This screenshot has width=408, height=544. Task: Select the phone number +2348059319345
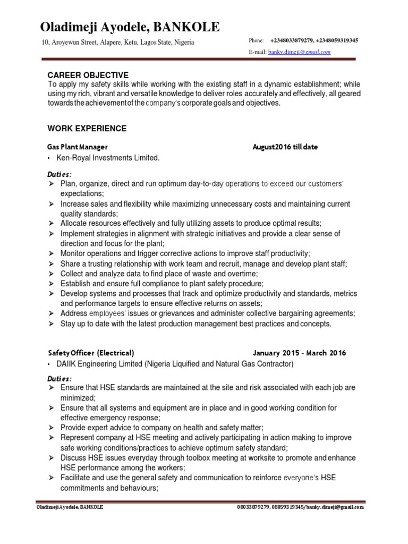(x=337, y=40)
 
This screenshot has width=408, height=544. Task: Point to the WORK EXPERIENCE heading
(x=87, y=129)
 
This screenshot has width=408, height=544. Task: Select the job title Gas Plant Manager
(x=78, y=147)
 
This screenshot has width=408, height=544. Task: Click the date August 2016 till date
(x=285, y=147)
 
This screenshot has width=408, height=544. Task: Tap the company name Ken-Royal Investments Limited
(x=110, y=158)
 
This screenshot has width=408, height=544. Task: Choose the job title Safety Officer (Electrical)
(x=91, y=353)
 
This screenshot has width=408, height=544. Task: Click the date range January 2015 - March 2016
(x=299, y=353)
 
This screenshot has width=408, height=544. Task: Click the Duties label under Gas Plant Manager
(x=60, y=174)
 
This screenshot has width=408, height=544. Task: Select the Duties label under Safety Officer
(x=60, y=379)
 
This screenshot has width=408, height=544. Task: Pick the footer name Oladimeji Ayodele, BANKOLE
(x=70, y=507)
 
